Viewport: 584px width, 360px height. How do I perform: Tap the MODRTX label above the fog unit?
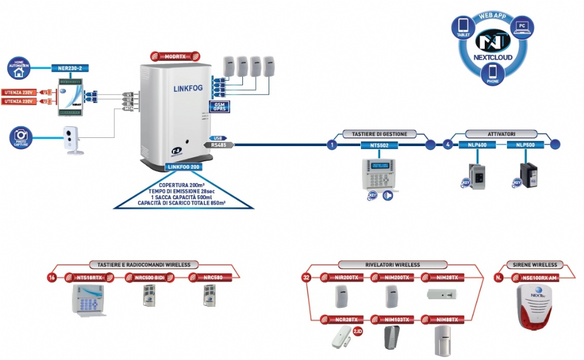click(175, 56)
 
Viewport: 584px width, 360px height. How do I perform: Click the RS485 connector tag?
click(218, 144)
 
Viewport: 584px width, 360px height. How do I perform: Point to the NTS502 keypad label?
click(380, 144)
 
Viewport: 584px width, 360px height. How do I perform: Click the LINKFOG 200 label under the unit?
click(183, 167)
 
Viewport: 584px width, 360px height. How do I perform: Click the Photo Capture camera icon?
click(19, 137)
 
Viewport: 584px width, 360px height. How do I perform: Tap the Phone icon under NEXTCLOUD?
click(492, 73)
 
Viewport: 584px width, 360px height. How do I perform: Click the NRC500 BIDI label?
click(148, 277)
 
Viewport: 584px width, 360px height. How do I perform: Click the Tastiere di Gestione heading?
click(380, 134)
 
